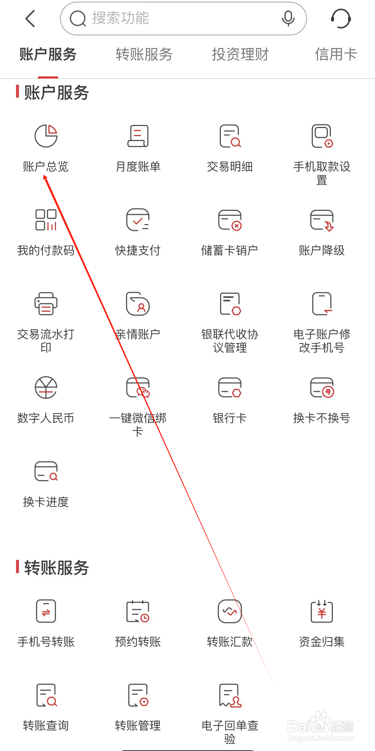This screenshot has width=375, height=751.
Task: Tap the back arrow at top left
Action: tap(30, 19)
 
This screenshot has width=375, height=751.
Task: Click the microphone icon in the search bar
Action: tap(288, 18)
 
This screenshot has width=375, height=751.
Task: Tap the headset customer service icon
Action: tap(341, 19)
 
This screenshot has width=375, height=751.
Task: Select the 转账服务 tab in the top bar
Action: tap(144, 54)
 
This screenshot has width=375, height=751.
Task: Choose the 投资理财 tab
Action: tap(240, 54)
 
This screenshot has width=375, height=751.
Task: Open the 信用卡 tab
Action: tap(336, 54)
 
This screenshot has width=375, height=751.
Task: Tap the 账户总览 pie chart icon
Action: tap(46, 136)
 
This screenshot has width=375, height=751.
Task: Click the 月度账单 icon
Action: tap(138, 136)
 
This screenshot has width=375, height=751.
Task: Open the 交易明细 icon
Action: tap(230, 136)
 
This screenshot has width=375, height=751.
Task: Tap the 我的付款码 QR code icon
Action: tap(46, 220)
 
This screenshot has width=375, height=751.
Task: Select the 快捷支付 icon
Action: tap(138, 220)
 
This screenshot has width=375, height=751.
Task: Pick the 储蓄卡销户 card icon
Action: tap(230, 220)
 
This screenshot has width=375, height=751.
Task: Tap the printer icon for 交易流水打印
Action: tap(46, 304)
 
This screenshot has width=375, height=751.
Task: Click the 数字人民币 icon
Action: tap(46, 387)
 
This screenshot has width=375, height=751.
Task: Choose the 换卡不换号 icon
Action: tap(322, 387)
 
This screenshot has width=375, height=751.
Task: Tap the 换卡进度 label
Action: tap(46, 502)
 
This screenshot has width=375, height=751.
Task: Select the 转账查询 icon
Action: tap(46, 695)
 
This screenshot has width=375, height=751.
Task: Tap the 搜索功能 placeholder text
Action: tap(121, 18)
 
